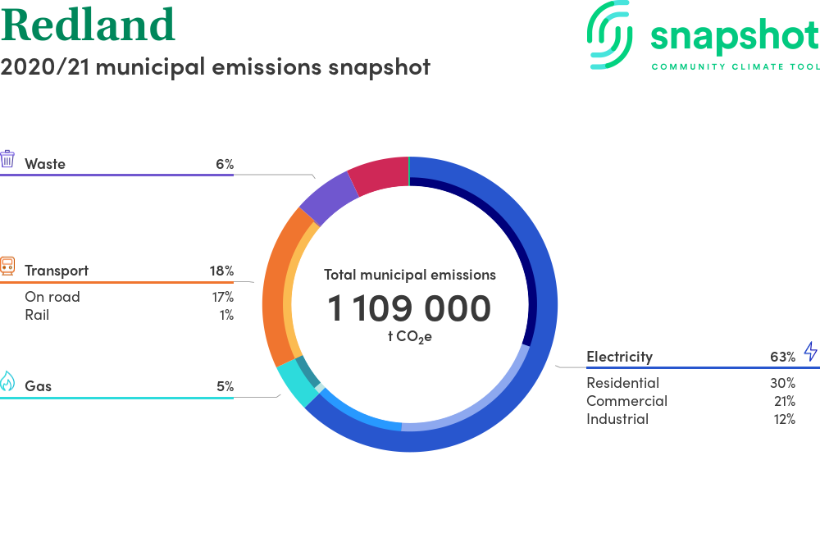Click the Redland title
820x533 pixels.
88,24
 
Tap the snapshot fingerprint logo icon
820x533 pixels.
609,34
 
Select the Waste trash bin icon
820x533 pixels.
7,158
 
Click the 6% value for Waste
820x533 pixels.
225,164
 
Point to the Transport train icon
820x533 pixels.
7,266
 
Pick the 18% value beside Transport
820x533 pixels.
221,271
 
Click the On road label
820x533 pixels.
52,297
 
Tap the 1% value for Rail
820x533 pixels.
226,315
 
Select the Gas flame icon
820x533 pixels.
7,381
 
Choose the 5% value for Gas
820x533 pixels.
225,386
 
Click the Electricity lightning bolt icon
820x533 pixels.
811,351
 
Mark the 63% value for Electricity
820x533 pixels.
783,357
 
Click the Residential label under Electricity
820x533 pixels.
623,383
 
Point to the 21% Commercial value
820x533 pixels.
785,401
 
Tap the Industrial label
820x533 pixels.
617,419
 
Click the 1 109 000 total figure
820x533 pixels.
409,307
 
